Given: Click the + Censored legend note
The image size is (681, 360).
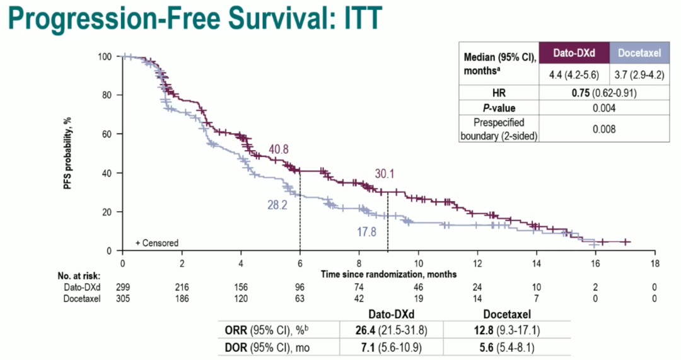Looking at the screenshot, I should [x=157, y=243].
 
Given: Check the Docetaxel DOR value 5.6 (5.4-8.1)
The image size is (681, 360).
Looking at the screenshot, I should [x=506, y=345].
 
